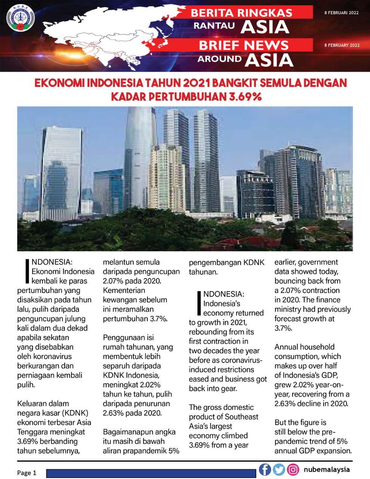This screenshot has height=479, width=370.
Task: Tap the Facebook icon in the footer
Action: [x=265, y=469]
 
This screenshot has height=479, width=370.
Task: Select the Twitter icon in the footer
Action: [x=279, y=469]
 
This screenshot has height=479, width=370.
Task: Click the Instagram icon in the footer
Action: [x=293, y=469]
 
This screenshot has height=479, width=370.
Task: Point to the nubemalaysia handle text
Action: [x=327, y=469]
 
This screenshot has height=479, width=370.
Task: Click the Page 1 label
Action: [x=27, y=473]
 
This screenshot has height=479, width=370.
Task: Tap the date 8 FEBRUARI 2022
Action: [x=341, y=13]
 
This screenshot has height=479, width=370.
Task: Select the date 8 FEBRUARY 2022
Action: [x=342, y=45]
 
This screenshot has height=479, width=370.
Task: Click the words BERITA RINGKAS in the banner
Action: [x=241, y=13]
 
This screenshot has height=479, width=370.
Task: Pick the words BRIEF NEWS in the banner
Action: [x=244, y=45]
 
